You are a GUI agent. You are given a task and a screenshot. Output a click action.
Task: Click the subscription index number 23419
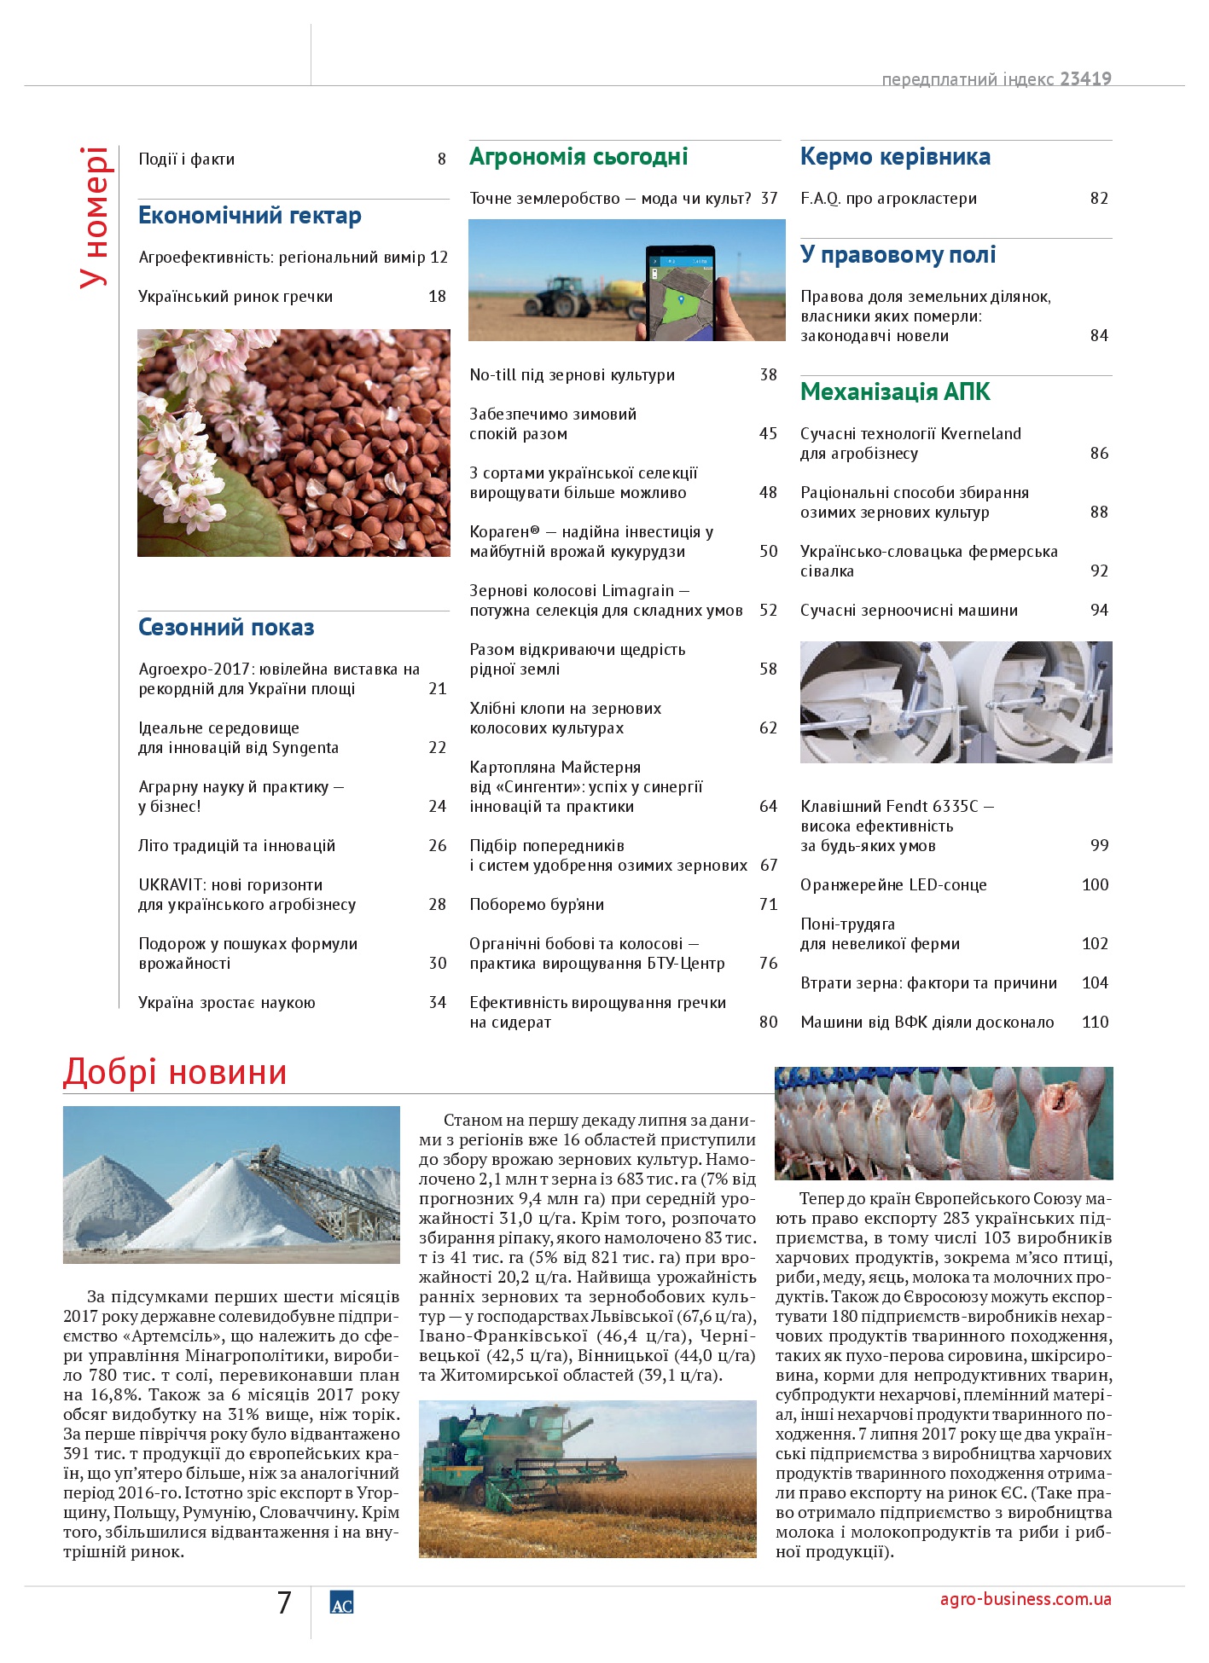pos(1085,79)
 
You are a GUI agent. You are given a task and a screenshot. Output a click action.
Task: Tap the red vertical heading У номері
pos(94,217)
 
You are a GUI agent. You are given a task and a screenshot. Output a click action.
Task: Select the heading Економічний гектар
pos(249,216)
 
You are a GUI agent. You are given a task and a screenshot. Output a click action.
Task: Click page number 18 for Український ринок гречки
pos(437,297)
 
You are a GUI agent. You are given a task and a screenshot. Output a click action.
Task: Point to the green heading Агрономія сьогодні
pos(578,157)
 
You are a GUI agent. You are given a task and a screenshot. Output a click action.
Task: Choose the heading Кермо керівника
pos(895,157)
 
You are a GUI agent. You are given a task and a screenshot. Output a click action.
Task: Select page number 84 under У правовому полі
pos(1099,336)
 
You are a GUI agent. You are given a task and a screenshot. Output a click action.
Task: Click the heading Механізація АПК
pos(895,392)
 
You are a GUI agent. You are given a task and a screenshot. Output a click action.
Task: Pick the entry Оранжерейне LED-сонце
pos(893,885)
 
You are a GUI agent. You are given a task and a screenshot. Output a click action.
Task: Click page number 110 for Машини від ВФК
pos(1095,1023)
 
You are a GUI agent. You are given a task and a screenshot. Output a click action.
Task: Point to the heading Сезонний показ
pos(226,628)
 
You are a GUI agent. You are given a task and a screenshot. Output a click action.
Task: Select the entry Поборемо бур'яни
pos(537,905)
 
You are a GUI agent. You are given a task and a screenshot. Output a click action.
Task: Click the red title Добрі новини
pos(175,1073)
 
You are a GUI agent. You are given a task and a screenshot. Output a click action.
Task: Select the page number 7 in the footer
pos(284,1602)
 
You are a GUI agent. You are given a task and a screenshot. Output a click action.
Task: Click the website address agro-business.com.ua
pos(1025,1599)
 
